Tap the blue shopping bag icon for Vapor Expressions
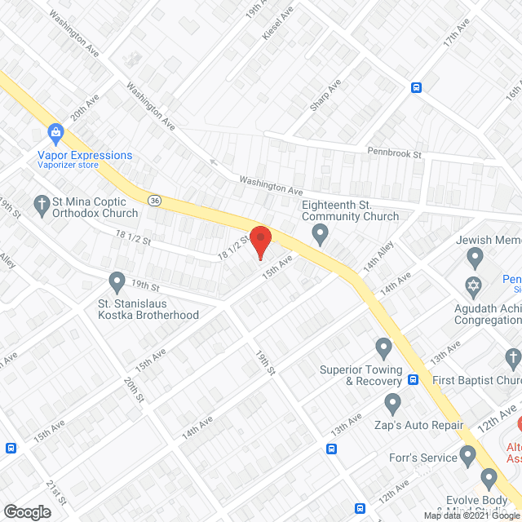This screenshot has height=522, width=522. [x=55, y=132]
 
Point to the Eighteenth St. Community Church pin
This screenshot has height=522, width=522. [x=321, y=236]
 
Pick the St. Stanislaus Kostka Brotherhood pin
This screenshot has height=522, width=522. [x=117, y=282]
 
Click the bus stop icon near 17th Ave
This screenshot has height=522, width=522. [x=416, y=88]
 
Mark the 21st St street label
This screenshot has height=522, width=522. [x=55, y=492]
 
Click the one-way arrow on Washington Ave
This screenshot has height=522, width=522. [x=214, y=161]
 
